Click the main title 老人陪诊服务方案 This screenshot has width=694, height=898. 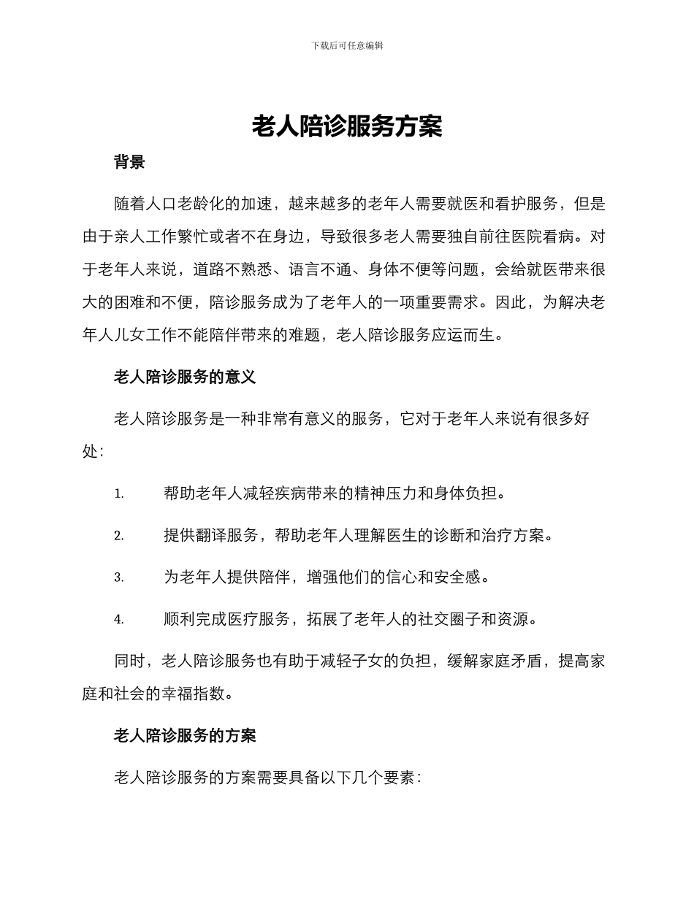(347, 127)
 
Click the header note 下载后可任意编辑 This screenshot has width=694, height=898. (347, 45)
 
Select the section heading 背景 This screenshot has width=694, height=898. (129, 163)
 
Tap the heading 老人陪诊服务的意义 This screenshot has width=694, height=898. (185, 377)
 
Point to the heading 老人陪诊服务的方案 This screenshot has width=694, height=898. (185, 735)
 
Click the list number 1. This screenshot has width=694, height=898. (119, 494)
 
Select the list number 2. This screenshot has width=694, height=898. (119, 536)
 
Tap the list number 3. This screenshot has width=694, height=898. (119, 577)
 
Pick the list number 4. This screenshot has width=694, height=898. (119, 620)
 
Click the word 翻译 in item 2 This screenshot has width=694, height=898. (211, 535)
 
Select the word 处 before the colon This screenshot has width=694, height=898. (89, 452)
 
